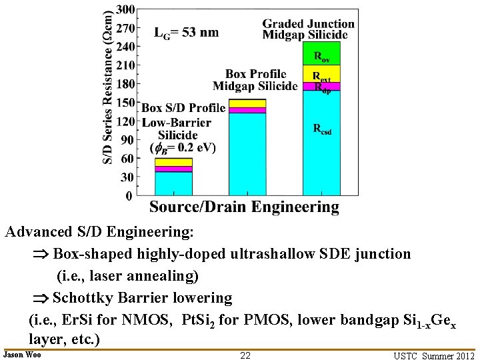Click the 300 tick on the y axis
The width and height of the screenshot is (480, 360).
point(125,10)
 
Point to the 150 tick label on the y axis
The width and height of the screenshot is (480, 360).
point(125,103)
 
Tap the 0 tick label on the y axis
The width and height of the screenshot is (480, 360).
point(129,196)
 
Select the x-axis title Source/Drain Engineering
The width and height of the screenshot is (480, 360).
point(244,207)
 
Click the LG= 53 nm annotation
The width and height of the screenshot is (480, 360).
point(187,32)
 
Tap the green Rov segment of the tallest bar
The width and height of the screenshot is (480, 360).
point(321,53)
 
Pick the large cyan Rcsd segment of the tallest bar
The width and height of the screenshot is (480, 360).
point(321,143)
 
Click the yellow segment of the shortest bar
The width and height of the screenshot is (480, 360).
point(173,162)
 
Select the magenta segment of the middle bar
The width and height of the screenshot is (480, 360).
point(247,110)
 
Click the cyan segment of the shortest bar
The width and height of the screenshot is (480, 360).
point(173,183)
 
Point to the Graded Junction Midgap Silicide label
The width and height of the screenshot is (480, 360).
point(308,29)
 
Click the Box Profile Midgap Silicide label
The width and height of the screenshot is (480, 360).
point(255,80)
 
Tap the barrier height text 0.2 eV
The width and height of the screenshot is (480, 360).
point(193,147)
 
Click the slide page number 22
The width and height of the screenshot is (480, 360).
point(245,355)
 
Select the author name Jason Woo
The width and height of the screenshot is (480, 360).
point(22,355)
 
